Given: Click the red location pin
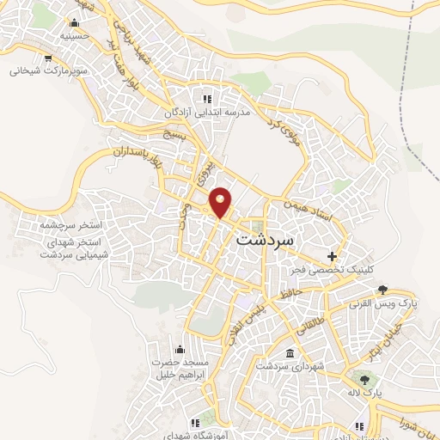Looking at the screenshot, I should coord(221,202).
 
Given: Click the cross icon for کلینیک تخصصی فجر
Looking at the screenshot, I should coord(332,256).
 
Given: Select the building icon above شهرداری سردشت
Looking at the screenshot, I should coord(289,354).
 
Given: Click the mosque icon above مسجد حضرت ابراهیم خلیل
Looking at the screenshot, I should coord(179,349).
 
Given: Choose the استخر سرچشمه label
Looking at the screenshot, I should coord(70,225).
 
